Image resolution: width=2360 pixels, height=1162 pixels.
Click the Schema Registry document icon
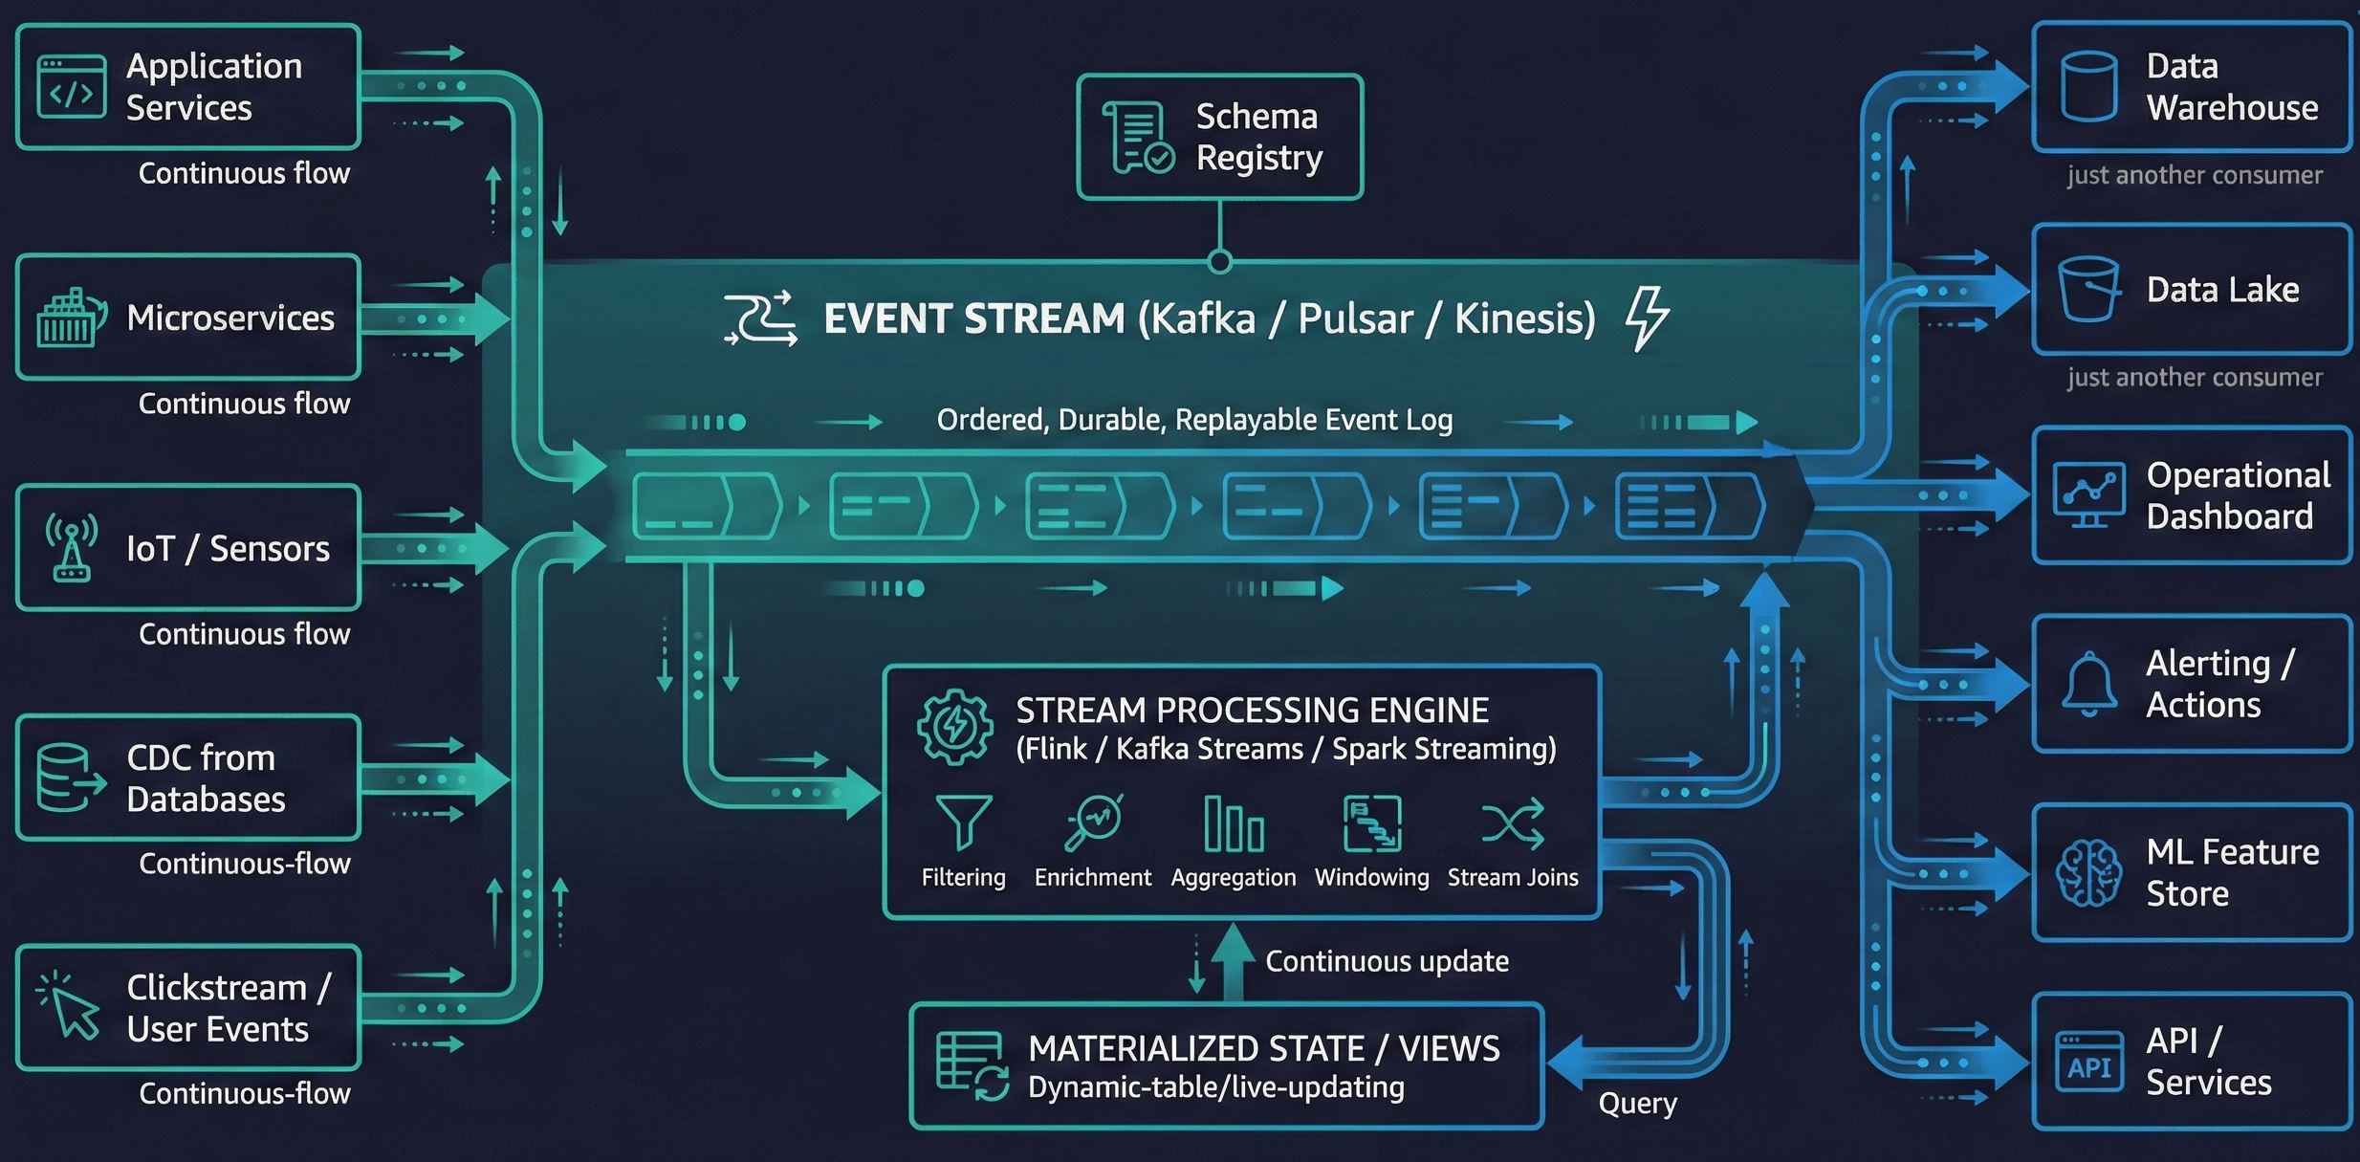coord(1138,138)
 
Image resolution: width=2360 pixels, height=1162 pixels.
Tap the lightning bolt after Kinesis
coord(1647,318)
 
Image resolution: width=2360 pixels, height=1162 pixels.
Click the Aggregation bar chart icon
coord(1234,823)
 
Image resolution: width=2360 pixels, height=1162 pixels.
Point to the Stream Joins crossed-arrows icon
coord(1512,823)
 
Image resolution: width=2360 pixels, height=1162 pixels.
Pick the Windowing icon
coord(1372,823)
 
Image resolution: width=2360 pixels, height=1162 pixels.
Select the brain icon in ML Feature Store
coord(2088,872)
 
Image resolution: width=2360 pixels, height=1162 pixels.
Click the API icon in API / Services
coord(2088,1063)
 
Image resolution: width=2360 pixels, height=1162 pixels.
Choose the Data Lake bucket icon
coord(2088,289)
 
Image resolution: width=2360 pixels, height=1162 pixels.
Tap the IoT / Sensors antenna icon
coord(72,548)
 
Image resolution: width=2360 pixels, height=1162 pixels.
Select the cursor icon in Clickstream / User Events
coord(70,1006)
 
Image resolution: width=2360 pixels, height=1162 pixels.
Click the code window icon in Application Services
coord(72,87)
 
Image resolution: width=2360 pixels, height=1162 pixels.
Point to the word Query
coord(1637,1104)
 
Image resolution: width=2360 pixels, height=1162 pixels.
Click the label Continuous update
coord(1387,961)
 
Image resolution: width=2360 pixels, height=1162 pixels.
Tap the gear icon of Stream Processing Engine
coord(954,727)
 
